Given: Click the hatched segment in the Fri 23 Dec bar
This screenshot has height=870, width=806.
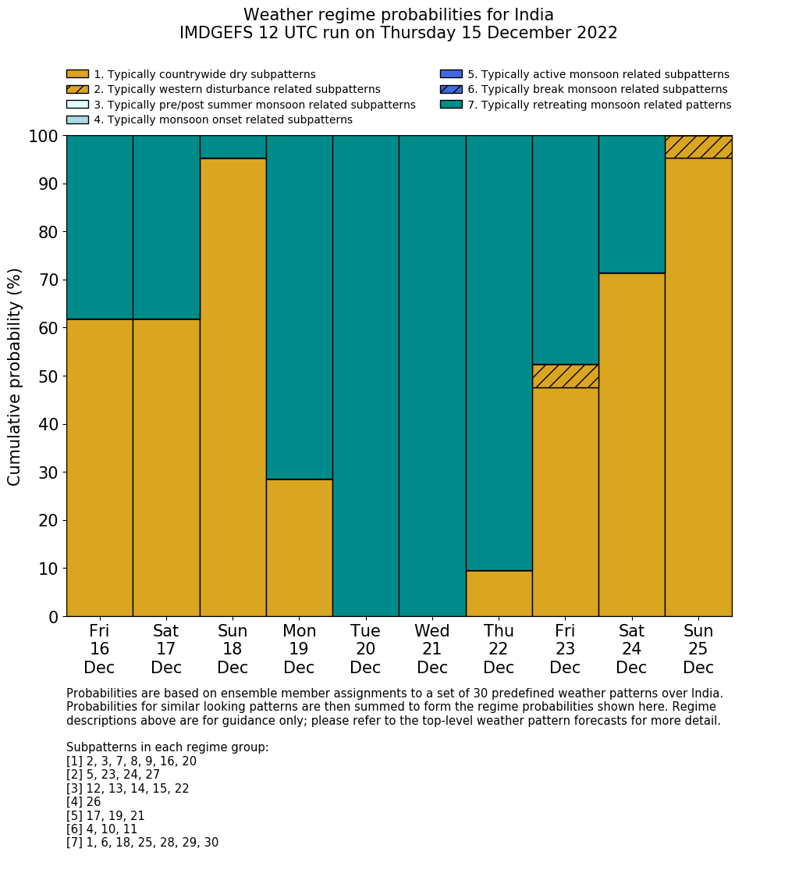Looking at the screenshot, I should click(565, 376).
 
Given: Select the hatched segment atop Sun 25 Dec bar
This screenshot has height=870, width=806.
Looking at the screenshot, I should click(698, 147).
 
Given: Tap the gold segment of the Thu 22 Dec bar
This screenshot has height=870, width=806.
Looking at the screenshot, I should click(499, 594).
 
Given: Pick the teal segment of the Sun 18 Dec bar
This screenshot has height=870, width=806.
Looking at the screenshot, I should click(233, 147).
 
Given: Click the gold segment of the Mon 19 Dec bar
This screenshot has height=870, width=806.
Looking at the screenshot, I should click(299, 547).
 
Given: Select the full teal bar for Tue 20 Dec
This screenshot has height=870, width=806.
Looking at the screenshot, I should click(365, 376).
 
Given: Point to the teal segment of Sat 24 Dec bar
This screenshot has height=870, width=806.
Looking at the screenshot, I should click(631, 205).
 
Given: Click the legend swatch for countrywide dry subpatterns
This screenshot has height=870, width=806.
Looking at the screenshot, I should click(77, 74).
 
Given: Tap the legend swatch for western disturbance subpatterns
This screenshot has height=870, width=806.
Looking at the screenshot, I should click(77, 89).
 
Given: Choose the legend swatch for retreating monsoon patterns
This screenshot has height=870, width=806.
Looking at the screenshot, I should click(451, 104).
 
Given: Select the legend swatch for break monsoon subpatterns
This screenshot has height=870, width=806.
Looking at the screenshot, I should click(451, 89).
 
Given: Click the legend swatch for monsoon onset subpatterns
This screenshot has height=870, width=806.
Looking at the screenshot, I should click(77, 119).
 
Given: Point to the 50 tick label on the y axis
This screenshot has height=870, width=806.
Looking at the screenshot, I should click(48, 376).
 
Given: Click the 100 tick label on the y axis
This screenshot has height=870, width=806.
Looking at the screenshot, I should click(43, 137).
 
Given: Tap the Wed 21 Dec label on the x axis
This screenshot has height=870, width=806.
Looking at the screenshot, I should click(432, 649).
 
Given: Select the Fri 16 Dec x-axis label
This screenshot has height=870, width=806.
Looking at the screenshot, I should click(99, 649).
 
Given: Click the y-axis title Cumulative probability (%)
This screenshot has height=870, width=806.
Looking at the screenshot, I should click(15, 376).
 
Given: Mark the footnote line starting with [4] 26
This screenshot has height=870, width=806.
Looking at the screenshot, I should click(83, 802).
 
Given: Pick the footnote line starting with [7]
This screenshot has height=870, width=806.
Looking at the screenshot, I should click(142, 843).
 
